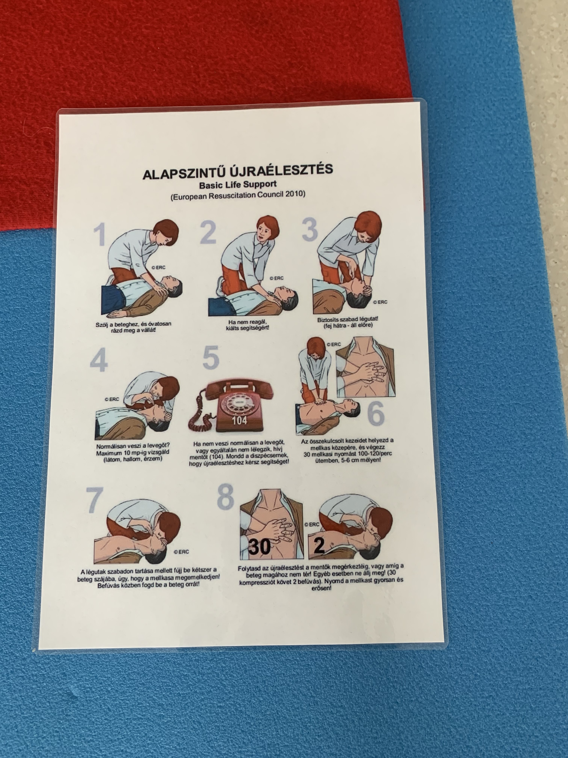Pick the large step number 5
tap(211, 357)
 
